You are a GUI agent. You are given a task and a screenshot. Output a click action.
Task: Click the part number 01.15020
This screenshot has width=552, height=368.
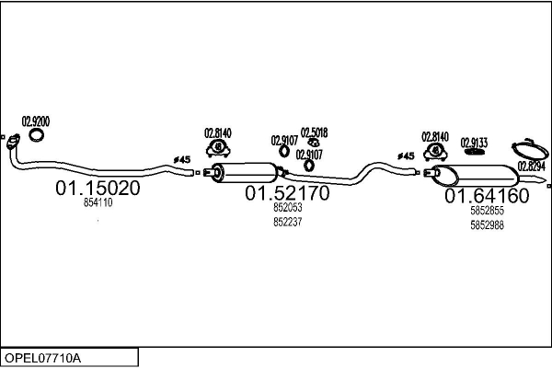tap(98, 188)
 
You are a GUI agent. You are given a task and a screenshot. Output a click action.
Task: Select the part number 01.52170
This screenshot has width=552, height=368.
tap(287, 193)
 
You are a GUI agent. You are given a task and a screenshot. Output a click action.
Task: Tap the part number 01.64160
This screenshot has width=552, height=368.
tap(487, 196)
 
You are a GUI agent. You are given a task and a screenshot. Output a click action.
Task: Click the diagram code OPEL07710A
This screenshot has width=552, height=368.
tap(42, 358)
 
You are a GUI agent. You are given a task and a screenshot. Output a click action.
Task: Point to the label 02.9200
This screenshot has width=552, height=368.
tap(36, 121)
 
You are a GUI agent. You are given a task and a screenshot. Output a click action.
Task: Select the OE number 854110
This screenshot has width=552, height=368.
tap(98, 202)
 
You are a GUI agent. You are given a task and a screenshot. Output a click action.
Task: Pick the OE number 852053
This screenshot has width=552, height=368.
tap(288, 207)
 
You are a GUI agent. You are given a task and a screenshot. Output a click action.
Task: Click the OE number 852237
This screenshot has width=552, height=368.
tap(288, 223)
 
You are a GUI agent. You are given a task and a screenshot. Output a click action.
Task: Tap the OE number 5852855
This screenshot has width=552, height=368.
tap(487, 211)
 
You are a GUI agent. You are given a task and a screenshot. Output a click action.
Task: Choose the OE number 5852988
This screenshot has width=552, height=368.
tap(487, 225)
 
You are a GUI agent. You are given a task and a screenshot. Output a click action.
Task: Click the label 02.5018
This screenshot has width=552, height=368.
tap(314, 132)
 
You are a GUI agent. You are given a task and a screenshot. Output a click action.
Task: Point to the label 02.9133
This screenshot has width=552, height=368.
tap(474, 143)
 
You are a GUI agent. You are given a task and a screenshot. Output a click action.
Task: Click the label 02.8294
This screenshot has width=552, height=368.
tap(531, 166)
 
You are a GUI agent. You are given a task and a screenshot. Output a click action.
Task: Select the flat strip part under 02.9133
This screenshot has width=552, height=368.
tap(474, 152)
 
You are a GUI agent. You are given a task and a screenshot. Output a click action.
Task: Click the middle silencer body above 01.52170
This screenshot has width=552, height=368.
tap(247, 173)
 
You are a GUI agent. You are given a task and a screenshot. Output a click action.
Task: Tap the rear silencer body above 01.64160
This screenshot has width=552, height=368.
tap(476, 176)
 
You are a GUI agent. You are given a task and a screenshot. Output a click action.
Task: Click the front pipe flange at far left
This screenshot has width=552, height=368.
tap(14, 141)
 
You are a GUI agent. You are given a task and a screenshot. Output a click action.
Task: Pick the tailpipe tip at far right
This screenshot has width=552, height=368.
tap(533, 179)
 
